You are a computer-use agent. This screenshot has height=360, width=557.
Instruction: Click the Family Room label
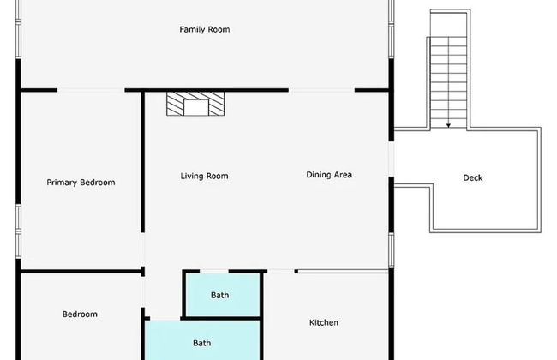click(x=205, y=29)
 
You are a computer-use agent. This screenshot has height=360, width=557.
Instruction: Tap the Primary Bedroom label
click(x=81, y=183)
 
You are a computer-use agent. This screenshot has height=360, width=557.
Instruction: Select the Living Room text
click(x=204, y=176)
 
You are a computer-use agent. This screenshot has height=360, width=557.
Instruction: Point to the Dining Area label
click(x=329, y=175)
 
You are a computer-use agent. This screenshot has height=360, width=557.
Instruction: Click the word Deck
click(x=473, y=177)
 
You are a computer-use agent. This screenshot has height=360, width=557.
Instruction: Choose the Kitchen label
click(x=324, y=322)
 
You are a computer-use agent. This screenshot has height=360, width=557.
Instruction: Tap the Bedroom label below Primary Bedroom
click(x=80, y=315)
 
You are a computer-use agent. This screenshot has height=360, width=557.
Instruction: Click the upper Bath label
click(x=219, y=295)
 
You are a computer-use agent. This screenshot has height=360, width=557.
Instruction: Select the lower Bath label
click(x=201, y=343)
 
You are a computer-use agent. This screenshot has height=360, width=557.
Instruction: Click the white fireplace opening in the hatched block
click(x=195, y=108)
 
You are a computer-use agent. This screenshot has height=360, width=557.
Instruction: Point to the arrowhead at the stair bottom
click(x=449, y=125)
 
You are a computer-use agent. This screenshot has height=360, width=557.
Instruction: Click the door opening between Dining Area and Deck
click(x=391, y=159)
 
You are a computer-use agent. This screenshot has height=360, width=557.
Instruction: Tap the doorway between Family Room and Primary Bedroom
click(x=91, y=90)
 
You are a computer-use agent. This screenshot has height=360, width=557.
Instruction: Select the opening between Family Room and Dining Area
click(x=321, y=90)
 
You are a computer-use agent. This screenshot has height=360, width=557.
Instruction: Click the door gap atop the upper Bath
click(x=214, y=272)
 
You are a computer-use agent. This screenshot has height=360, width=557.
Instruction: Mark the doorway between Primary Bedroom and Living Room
click(x=143, y=249)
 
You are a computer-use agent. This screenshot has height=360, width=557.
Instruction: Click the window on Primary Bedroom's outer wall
click(x=19, y=231)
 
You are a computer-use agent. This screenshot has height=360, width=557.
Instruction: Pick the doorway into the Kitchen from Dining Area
click(x=280, y=272)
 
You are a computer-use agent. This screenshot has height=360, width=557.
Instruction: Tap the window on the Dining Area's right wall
click(x=391, y=250)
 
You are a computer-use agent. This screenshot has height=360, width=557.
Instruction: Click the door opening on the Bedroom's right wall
click(x=143, y=292)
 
